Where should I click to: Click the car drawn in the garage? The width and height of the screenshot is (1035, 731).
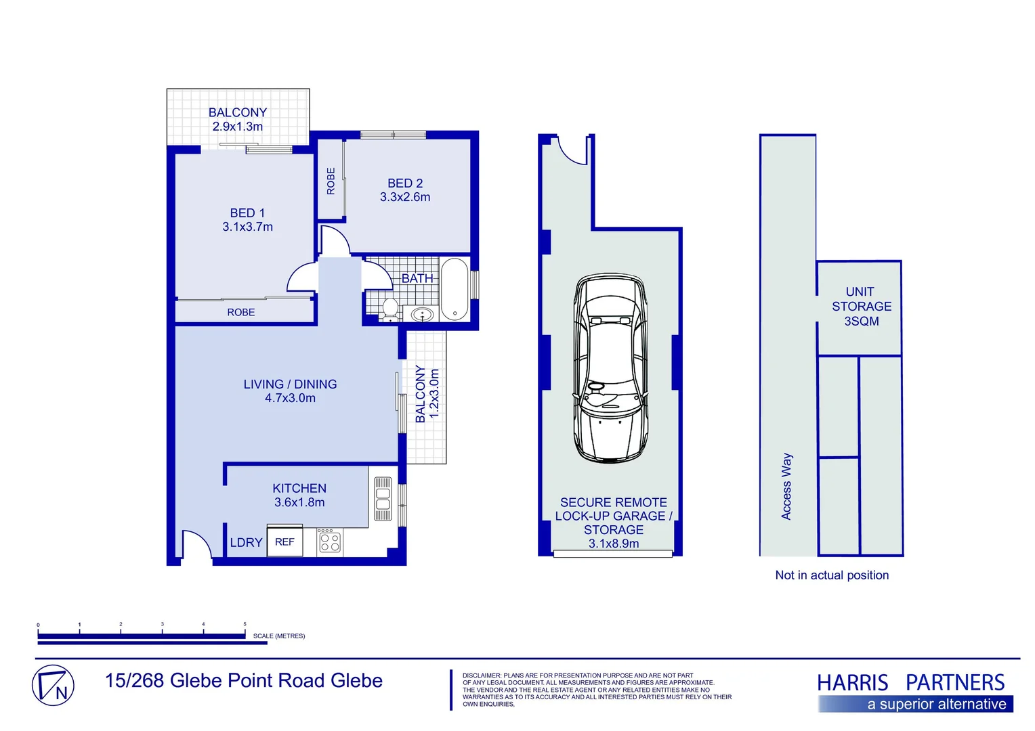coord(610,369)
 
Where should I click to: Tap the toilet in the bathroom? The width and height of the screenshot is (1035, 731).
coord(390,309)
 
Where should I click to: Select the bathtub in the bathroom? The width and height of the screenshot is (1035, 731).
coord(455,289)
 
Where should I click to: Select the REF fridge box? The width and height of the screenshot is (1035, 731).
coord(284,542)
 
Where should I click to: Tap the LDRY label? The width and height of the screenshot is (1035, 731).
coord(246,543)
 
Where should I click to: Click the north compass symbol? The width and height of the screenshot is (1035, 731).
coord(53,686)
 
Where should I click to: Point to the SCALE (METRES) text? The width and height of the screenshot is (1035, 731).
coord(279,636)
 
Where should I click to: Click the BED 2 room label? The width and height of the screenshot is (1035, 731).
coord(405,183)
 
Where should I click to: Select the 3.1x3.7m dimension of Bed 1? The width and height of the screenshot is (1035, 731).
coord(248,227)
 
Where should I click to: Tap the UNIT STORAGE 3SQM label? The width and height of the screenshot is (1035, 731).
coord(861,307)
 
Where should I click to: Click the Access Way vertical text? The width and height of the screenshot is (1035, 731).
coord(786,486)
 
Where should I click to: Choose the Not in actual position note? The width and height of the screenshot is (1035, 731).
coord(832,575)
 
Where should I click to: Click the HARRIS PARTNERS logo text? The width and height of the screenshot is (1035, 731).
coord(910,682)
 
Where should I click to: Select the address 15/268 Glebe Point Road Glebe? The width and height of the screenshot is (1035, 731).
coord(244,681)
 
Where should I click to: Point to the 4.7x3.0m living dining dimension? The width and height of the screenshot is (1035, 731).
coord(290,399)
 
